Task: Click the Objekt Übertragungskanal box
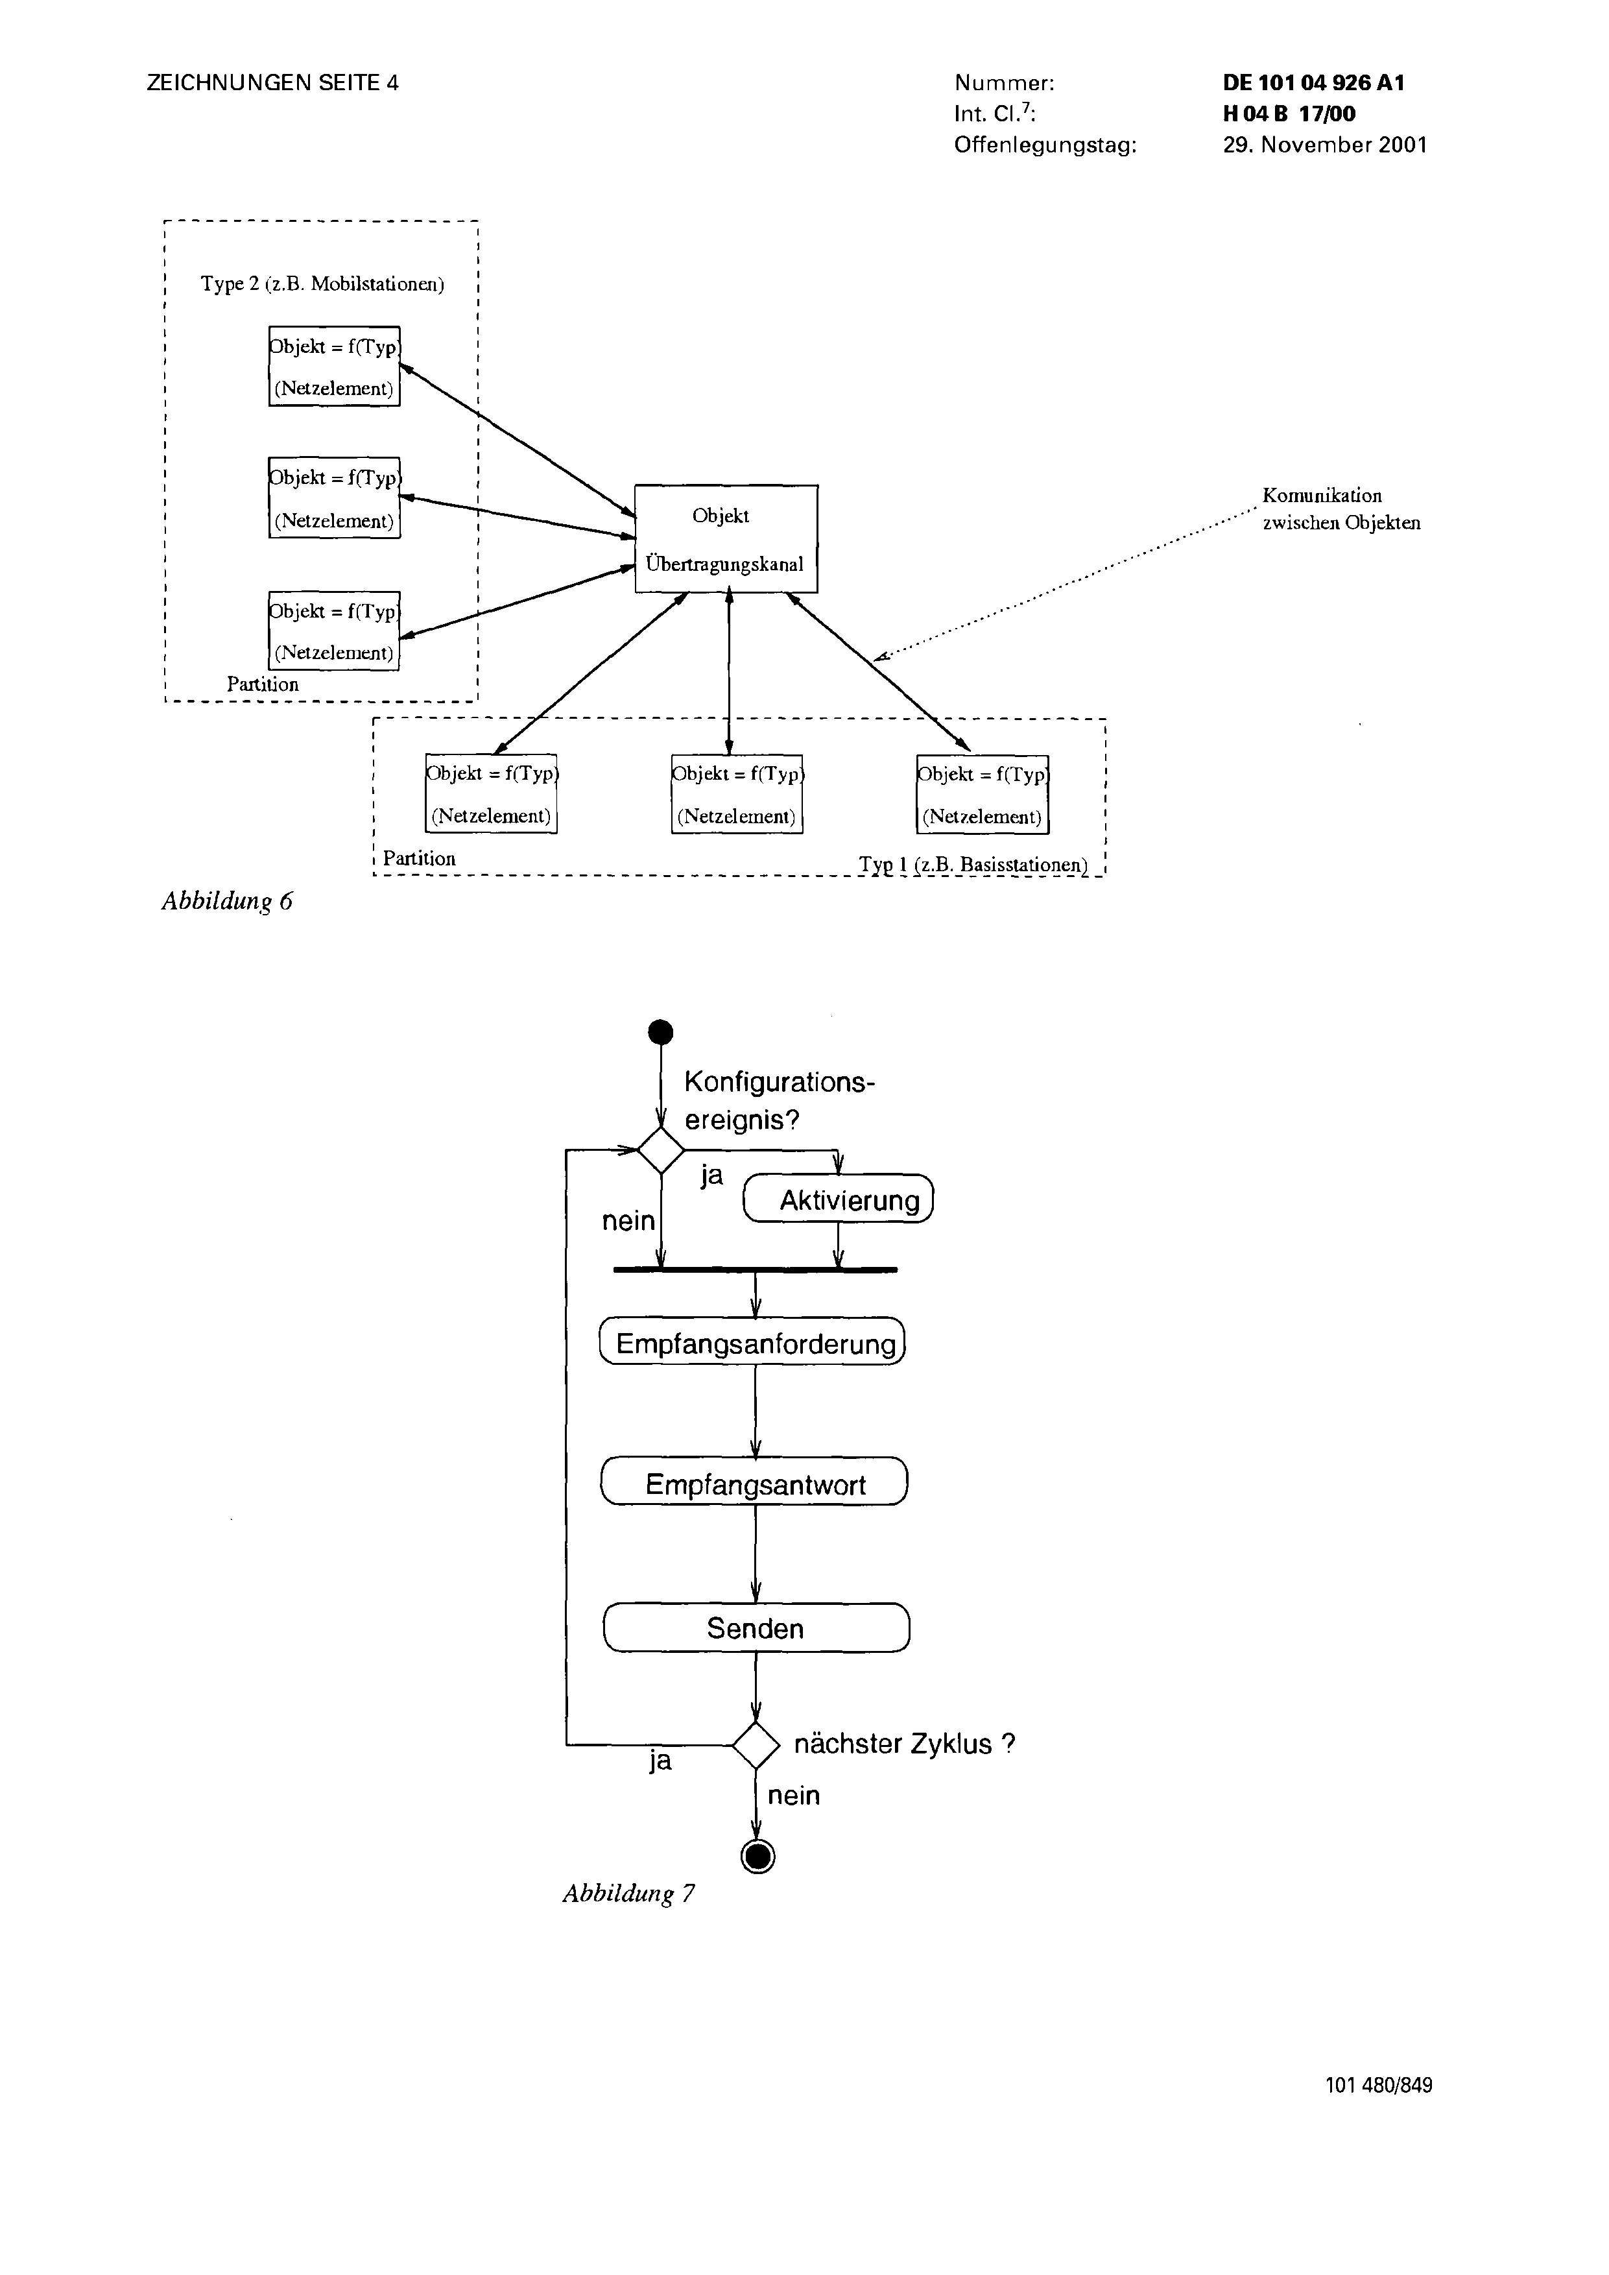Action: (726, 539)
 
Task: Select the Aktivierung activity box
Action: (838, 1198)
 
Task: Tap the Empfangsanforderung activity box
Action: (753, 1342)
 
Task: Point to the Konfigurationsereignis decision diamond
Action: (660, 1150)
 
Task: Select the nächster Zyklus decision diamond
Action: (756, 1744)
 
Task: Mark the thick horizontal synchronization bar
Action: (755, 1270)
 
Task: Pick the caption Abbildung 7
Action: (629, 1894)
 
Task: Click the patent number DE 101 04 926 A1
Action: (1314, 83)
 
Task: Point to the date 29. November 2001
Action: (1326, 145)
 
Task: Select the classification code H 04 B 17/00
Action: (1290, 114)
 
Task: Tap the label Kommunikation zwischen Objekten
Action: (1341, 509)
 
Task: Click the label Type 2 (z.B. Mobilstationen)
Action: (322, 284)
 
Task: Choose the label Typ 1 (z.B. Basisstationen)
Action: (974, 864)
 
